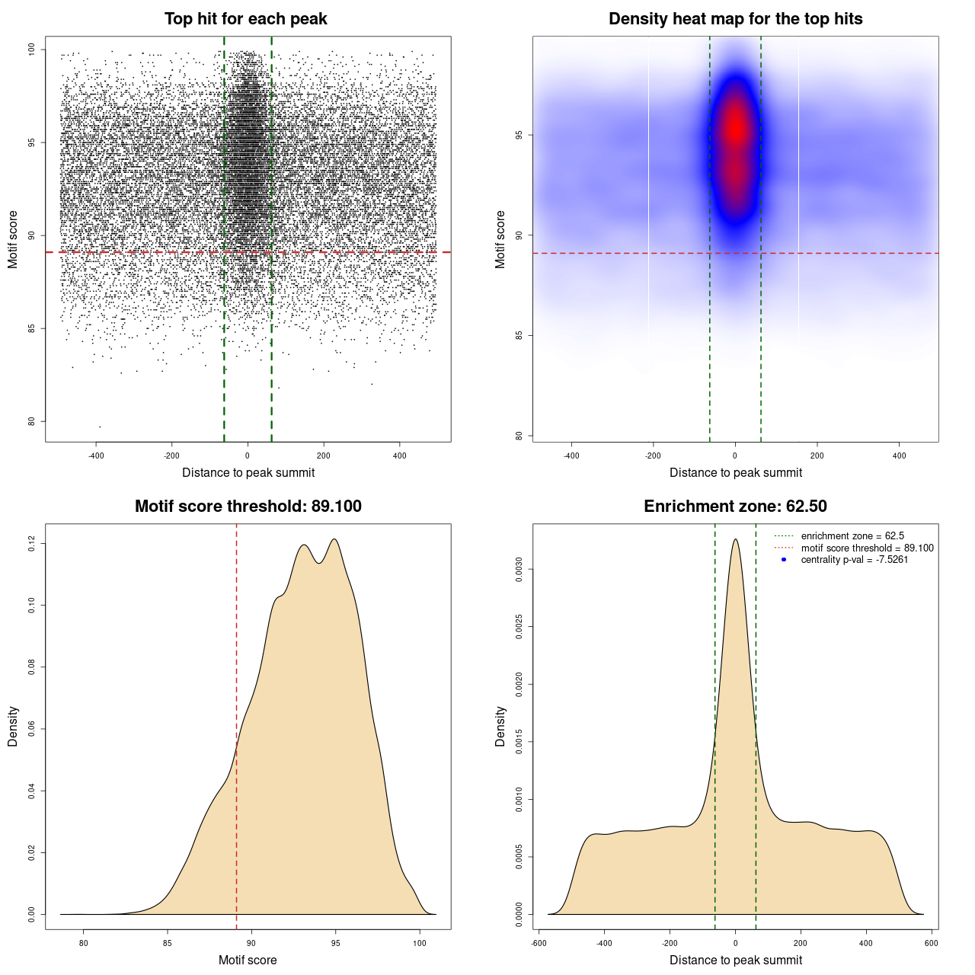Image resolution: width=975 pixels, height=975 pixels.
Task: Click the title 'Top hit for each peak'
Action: click(245, 19)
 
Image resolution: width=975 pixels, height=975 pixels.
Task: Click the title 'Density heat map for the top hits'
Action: click(735, 19)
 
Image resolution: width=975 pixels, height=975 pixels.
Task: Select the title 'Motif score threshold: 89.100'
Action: click(248, 507)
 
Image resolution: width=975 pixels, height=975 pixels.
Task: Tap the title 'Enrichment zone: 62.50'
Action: click(735, 507)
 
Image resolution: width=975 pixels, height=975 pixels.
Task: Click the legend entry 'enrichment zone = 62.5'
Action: click(852, 536)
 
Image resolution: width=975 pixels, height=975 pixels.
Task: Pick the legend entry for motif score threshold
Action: click(867, 548)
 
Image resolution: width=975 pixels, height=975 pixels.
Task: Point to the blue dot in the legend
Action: click(784, 560)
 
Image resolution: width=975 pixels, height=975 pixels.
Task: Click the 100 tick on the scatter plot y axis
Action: click(32, 50)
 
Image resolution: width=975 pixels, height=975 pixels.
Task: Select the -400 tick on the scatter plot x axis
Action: click(96, 456)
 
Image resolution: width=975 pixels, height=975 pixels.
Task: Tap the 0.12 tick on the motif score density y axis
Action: click(32, 544)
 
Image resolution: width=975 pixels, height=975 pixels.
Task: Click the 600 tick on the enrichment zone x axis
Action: click(932, 944)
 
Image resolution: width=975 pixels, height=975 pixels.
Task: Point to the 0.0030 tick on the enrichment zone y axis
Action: click(519, 569)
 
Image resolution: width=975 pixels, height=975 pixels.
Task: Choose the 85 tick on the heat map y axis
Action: click(519, 335)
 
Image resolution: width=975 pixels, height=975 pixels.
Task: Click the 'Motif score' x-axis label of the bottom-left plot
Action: click(248, 960)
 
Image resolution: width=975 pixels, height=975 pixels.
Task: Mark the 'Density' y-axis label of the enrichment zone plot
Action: click(500, 726)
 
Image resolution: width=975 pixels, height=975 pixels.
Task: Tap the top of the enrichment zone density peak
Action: click(735, 540)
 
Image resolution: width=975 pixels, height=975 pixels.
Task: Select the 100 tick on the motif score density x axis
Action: click(420, 944)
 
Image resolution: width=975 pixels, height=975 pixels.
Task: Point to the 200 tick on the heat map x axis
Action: click(817, 456)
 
